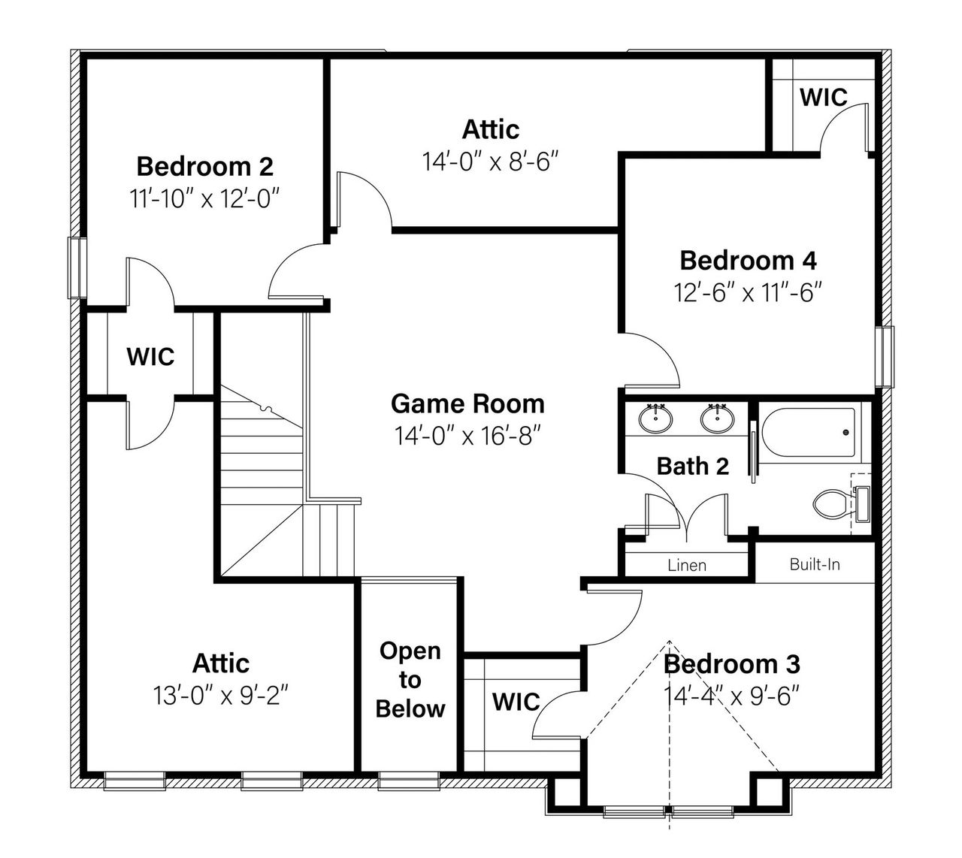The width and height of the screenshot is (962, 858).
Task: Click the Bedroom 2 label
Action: [x=204, y=165]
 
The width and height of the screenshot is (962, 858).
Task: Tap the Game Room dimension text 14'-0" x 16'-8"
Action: [x=467, y=435]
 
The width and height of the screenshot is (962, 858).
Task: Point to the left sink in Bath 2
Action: [x=658, y=418]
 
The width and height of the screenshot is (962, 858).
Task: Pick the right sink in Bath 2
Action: [x=718, y=418]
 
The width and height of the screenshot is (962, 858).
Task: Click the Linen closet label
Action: [x=686, y=564]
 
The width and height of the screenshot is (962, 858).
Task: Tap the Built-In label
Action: [x=815, y=563]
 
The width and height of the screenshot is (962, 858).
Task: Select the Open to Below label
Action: [x=410, y=679]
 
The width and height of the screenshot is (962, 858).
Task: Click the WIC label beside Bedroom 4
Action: [x=823, y=97]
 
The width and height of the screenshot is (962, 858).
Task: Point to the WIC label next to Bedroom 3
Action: [x=516, y=702]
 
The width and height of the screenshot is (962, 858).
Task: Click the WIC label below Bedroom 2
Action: [x=150, y=356]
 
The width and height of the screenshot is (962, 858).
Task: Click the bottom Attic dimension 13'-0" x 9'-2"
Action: [x=221, y=696]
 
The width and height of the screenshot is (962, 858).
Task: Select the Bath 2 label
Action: [x=692, y=466]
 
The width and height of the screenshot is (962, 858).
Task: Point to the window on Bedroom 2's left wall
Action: [x=77, y=267]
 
